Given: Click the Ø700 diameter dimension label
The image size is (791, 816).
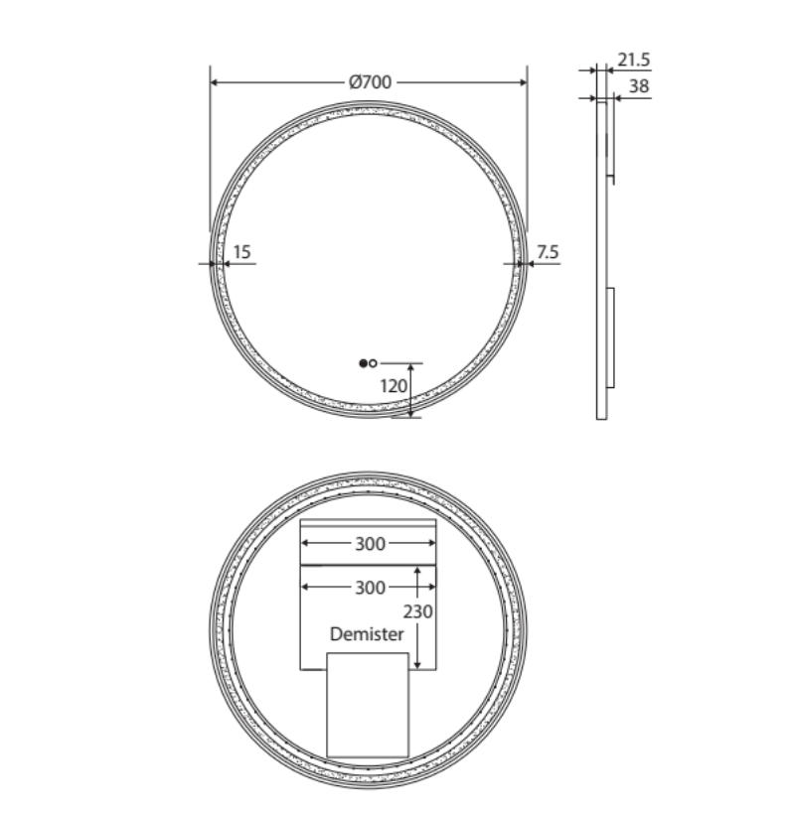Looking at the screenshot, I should click(369, 83).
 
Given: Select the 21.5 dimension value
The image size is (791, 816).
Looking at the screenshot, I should click(633, 61).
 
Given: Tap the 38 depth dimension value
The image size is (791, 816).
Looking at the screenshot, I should click(639, 87).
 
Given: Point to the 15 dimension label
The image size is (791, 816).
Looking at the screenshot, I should click(241, 253).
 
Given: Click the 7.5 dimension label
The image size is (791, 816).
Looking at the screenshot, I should click(548, 253).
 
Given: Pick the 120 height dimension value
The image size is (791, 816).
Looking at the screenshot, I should click(395, 385).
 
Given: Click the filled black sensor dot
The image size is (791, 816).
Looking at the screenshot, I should click(363, 362).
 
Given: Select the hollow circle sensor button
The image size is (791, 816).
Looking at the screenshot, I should click(373, 362).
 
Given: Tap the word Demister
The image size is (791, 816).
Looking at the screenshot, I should click(368, 633).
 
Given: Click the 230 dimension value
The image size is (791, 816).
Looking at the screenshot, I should click(417, 612).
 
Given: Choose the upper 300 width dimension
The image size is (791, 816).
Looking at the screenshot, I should click(369, 544).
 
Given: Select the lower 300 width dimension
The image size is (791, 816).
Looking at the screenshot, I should click(369, 588).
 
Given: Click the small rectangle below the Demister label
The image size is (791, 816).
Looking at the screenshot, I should click(368, 705).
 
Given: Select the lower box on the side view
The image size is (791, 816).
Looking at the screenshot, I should click(611, 338).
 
